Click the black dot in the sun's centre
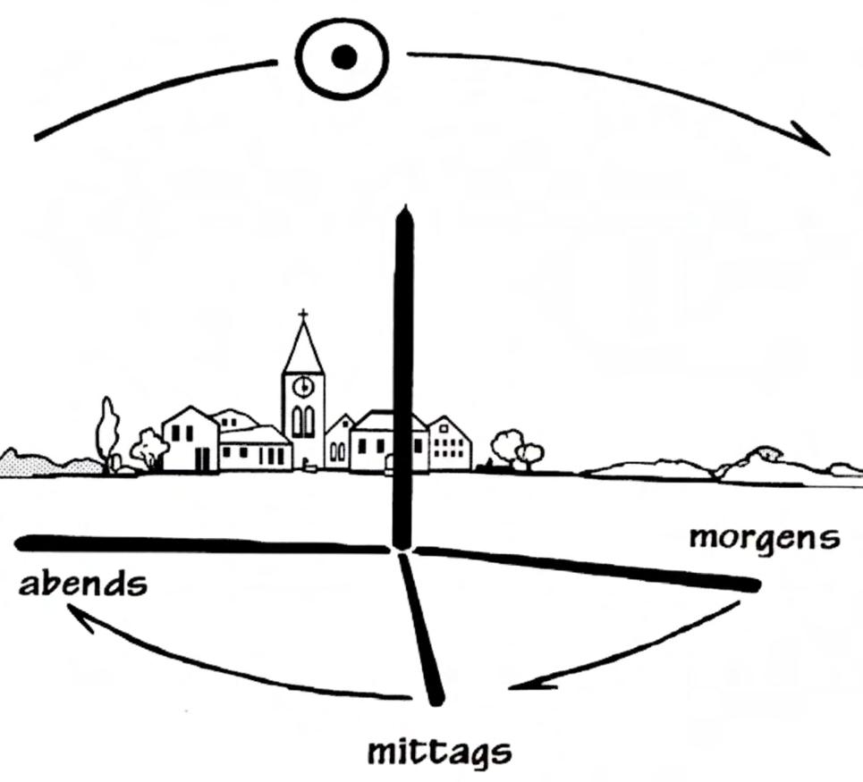coord(343,58)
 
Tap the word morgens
coord(765,538)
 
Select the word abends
coord(82,584)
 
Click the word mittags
coord(440,753)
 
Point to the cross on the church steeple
coord(303,315)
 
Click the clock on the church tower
coord(303,386)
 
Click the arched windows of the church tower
coord(303,421)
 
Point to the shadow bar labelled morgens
coord(590,567)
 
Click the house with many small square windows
coord(450,445)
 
